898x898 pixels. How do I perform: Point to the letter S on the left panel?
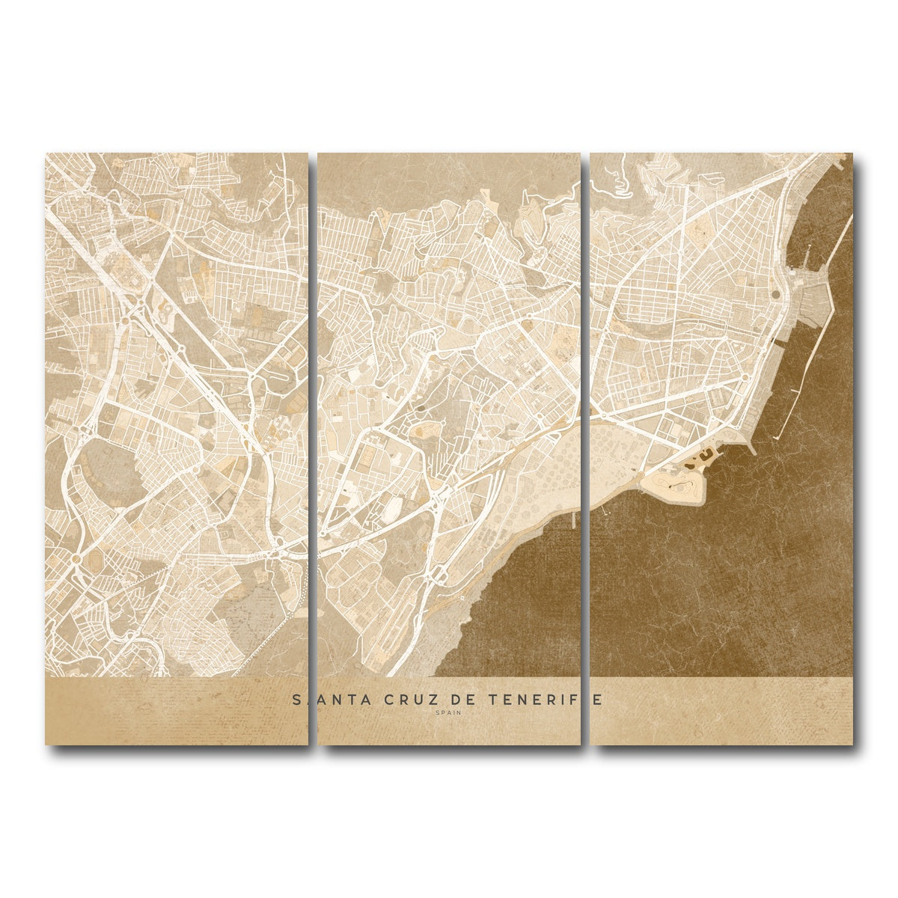click(296, 699)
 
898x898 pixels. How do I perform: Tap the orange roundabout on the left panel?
click(75, 558)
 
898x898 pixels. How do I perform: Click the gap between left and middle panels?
click(313, 449)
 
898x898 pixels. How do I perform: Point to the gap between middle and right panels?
click(585, 449)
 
